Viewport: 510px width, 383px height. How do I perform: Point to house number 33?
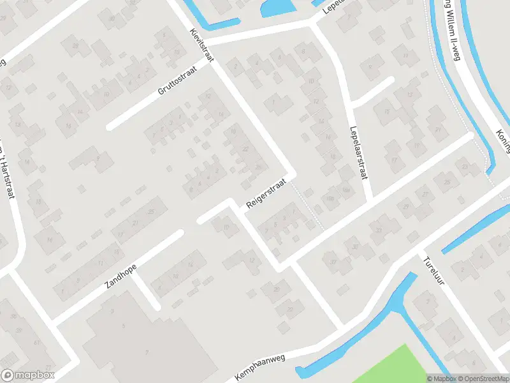click(378, 231)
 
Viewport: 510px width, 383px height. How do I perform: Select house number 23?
click(464, 167)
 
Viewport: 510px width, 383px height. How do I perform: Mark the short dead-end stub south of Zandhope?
click(147, 291)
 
